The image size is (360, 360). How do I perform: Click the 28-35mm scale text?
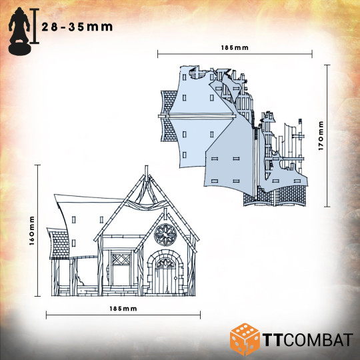tap(77, 27)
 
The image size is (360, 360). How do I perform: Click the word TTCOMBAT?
tap(307, 340)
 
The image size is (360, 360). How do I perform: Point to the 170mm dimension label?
tap(321, 136)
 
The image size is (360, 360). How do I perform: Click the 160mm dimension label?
tap(32, 231)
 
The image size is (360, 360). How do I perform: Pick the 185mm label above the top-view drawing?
tap(235, 48)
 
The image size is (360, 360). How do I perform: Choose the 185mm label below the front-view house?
tap(123, 309)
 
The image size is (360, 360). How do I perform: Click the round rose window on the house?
tap(165, 235)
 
